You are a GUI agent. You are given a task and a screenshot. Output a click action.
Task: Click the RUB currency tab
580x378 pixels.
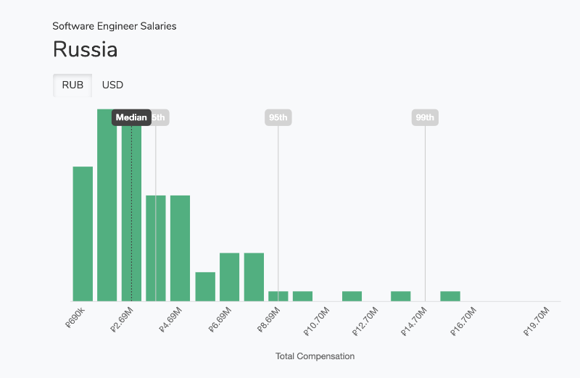tap(72, 85)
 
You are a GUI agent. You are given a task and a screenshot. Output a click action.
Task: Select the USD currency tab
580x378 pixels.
tap(112, 85)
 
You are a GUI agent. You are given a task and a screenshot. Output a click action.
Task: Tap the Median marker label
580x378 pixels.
tap(131, 117)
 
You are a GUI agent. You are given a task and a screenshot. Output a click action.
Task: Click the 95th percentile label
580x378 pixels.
tap(278, 117)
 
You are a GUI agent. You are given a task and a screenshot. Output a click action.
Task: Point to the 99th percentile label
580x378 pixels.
tap(425, 117)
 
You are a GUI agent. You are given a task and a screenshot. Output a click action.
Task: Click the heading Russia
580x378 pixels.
tap(86, 51)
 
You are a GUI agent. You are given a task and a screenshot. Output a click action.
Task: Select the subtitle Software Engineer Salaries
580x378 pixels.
tap(115, 26)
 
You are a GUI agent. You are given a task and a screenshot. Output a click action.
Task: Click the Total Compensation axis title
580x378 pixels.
tap(315, 356)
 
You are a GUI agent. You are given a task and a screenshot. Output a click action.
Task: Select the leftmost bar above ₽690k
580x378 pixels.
tap(83, 234)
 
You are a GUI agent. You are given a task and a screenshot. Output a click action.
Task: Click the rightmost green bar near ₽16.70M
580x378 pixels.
tap(450, 296)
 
